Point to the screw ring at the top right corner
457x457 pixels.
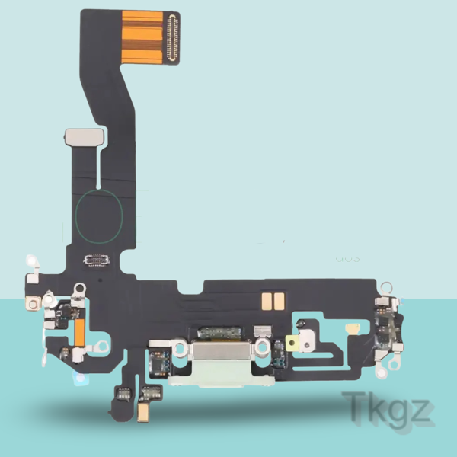coord(387,286)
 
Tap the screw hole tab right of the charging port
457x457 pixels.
coord(261,346)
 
